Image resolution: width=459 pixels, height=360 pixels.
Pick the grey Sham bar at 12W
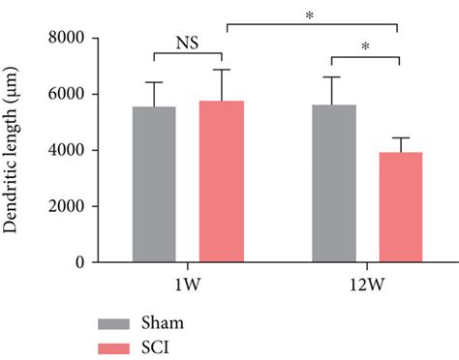click(x=333, y=183)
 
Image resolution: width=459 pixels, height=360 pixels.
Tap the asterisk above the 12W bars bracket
click(x=366, y=46)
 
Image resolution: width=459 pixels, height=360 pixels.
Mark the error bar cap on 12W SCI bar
click(x=399, y=137)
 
